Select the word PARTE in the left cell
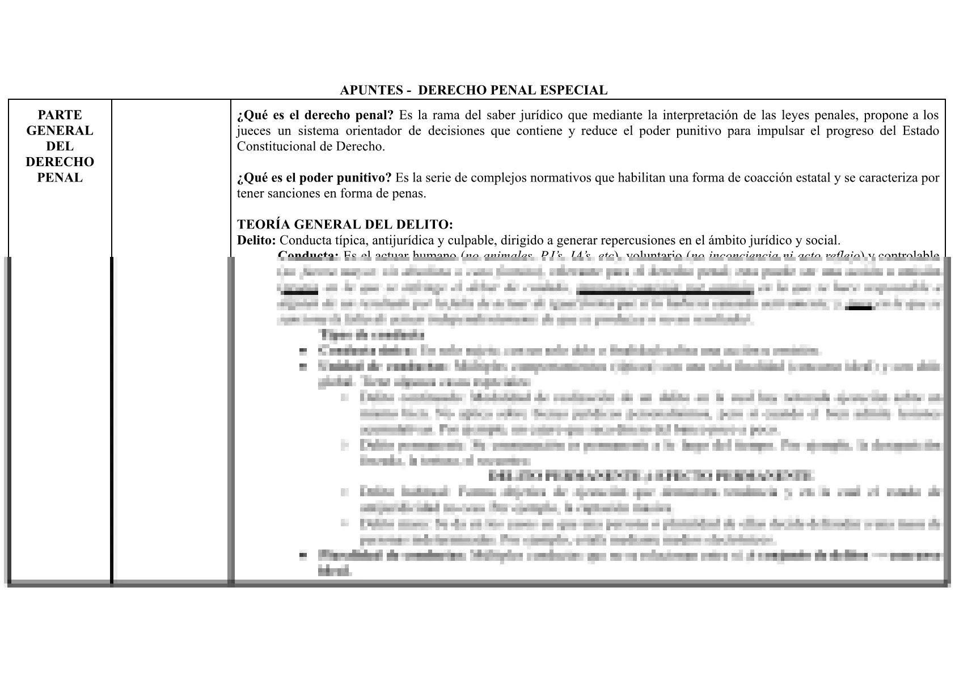click(60, 115)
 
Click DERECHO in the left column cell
click(60, 162)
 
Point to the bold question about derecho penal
click(315, 116)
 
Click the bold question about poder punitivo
click(314, 178)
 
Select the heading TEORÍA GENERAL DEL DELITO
click(345, 225)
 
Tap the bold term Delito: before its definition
click(256, 240)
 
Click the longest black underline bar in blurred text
click(664, 292)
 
